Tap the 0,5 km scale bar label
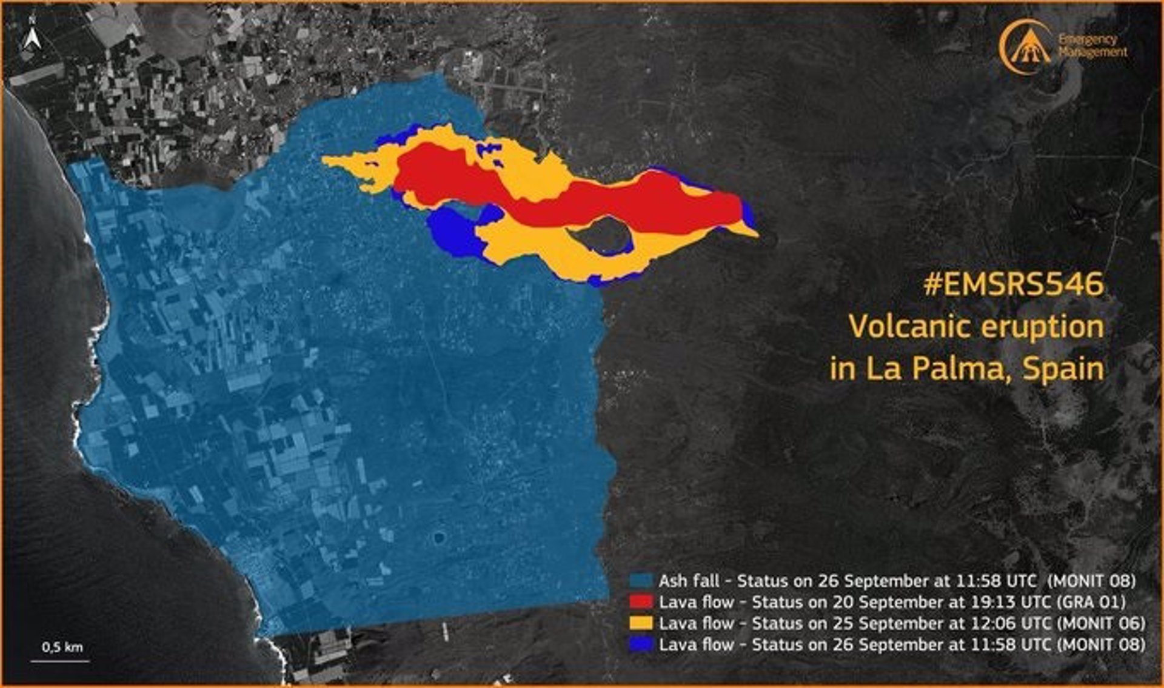(x=62, y=647)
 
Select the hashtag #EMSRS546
(x=1013, y=284)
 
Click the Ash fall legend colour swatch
(x=641, y=581)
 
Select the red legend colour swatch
(x=641, y=602)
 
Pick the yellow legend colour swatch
(x=641, y=623)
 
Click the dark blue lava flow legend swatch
(x=641, y=644)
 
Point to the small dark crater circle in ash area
(x=438, y=537)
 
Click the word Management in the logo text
(x=1093, y=52)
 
